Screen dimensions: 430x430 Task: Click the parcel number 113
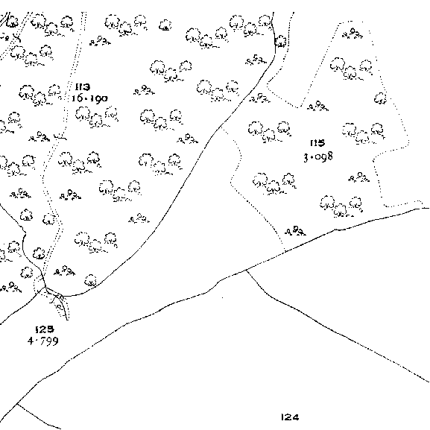pyautogui.click(x=83, y=87)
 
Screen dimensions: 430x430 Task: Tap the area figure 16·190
pyautogui.click(x=89, y=98)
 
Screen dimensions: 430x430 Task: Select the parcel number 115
pyautogui.click(x=317, y=143)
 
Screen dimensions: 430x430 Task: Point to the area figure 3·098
pyautogui.click(x=318, y=156)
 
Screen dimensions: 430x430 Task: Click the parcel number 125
pyautogui.click(x=45, y=329)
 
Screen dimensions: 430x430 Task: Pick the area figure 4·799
pyautogui.click(x=43, y=341)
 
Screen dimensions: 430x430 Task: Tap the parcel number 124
pyautogui.click(x=290, y=417)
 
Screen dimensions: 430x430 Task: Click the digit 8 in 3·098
pyautogui.click(x=329, y=156)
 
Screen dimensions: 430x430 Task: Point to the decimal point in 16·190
pyautogui.click(x=86, y=98)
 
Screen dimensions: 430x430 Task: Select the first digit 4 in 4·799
pyautogui.click(x=31, y=341)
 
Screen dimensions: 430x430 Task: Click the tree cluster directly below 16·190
pyautogui.click(x=97, y=117)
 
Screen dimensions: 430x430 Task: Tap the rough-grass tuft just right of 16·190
pyautogui.click(x=144, y=90)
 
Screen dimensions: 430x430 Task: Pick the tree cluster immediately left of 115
pyautogui.click(x=269, y=132)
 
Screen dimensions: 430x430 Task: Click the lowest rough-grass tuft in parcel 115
pyautogui.click(x=295, y=231)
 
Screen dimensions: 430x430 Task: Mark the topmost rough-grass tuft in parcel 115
pyautogui.click(x=352, y=33)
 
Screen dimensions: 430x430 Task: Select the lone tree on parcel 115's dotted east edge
pyautogui.click(x=380, y=98)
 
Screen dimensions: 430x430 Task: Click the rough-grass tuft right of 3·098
pyautogui.click(x=359, y=177)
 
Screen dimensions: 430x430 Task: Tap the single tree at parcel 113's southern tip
pyautogui.click(x=90, y=280)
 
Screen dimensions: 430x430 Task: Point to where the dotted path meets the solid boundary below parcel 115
pyautogui.click(x=285, y=251)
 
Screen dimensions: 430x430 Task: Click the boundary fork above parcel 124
pyautogui.click(x=246, y=270)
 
